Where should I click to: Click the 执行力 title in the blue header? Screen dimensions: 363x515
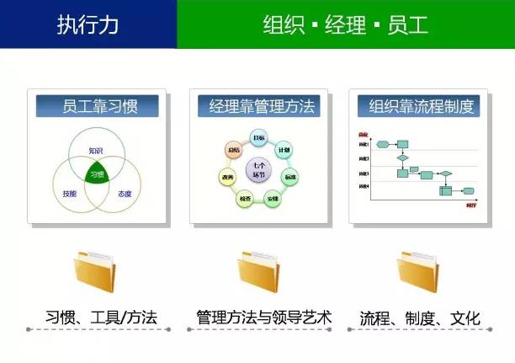click(x=88, y=24)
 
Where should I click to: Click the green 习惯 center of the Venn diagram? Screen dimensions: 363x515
click(x=96, y=173)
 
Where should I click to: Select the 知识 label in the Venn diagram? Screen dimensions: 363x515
click(x=96, y=151)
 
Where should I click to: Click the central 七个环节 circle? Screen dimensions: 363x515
click(x=259, y=172)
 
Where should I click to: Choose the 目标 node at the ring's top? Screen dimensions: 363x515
click(x=259, y=138)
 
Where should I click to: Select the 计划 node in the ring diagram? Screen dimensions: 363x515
click(x=284, y=150)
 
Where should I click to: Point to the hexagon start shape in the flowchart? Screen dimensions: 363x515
click(x=383, y=144)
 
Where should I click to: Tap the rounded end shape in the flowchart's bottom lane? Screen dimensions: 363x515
click(x=468, y=191)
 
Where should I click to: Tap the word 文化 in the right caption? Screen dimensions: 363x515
click(x=465, y=318)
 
